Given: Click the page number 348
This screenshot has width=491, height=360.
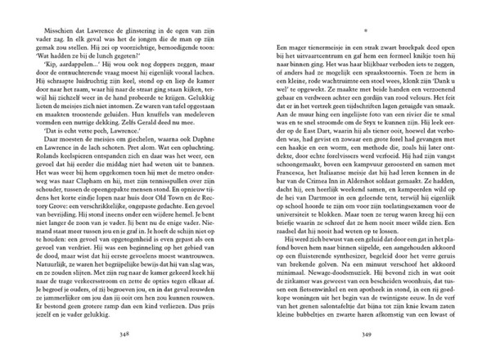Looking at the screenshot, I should click(x=123, y=334).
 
